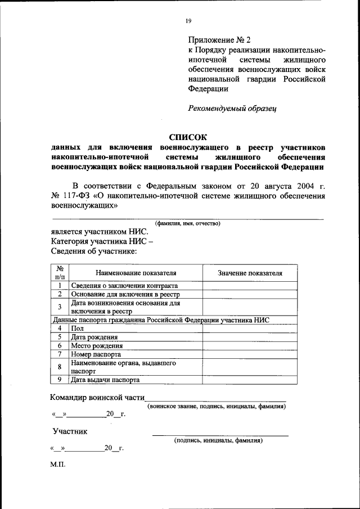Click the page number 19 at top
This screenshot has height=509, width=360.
pyautogui.click(x=188, y=21)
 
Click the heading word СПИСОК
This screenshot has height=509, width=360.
pyautogui.click(x=188, y=137)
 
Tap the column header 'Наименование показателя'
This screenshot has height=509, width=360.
pyautogui.click(x=136, y=273)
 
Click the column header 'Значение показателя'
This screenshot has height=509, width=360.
pyautogui.click(x=250, y=273)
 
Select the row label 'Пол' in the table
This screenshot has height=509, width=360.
pyautogui.click(x=76, y=327)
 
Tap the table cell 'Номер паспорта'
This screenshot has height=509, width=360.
pyautogui.click(x=96, y=354)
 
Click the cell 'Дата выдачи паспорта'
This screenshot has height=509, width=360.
pyautogui.click(x=105, y=380)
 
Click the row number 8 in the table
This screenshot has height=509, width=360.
pyautogui.click(x=60, y=367)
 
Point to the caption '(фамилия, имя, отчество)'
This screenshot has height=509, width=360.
pyautogui.click(x=188, y=223)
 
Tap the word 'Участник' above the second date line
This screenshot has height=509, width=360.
pyautogui.click(x=70, y=431)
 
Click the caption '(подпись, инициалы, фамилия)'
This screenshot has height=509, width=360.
pyautogui.click(x=219, y=440)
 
